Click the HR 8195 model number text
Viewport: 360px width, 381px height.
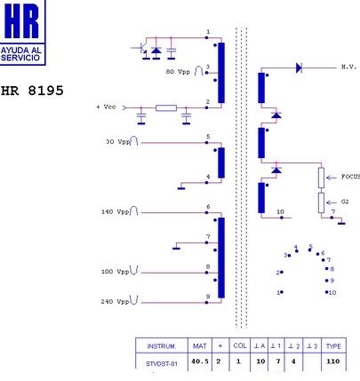(32, 91)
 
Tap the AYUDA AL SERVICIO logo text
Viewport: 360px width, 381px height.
(20, 54)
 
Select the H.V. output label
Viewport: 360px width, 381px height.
(348, 67)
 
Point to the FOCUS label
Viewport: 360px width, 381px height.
(350, 177)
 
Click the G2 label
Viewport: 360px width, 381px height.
(345, 202)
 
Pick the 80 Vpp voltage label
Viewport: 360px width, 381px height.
(178, 72)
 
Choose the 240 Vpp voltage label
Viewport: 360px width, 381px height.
(115, 302)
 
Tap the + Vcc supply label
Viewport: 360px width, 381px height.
(106, 107)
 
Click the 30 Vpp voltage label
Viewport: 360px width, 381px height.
(118, 142)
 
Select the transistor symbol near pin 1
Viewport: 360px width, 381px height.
(140, 49)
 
